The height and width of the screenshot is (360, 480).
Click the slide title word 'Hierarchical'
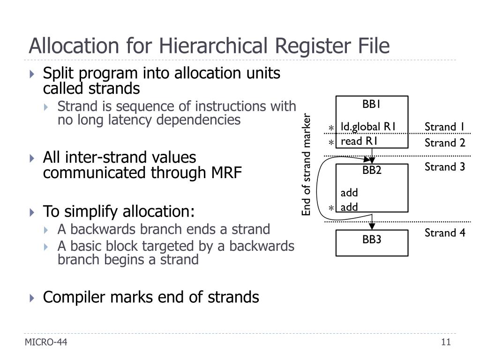click(x=211, y=46)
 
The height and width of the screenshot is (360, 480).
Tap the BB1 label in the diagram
click(x=371, y=104)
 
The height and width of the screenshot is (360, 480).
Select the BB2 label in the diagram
click(x=371, y=170)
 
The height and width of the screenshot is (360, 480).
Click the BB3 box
click(x=371, y=242)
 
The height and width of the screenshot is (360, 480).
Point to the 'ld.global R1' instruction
click(x=368, y=127)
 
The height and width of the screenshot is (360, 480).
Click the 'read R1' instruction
click(x=359, y=141)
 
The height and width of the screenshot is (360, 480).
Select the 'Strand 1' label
click(x=444, y=127)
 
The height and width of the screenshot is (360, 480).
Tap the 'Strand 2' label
click(x=444, y=143)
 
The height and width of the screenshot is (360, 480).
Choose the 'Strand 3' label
click(x=444, y=167)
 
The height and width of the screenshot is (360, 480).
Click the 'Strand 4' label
click(x=444, y=233)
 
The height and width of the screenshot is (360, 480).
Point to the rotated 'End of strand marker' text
click(x=307, y=165)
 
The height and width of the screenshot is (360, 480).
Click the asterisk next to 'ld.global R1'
click(x=331, y=128)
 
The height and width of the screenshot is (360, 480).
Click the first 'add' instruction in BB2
click(x=349, y=193)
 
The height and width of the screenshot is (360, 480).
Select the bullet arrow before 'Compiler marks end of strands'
click(x=32, y=298)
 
